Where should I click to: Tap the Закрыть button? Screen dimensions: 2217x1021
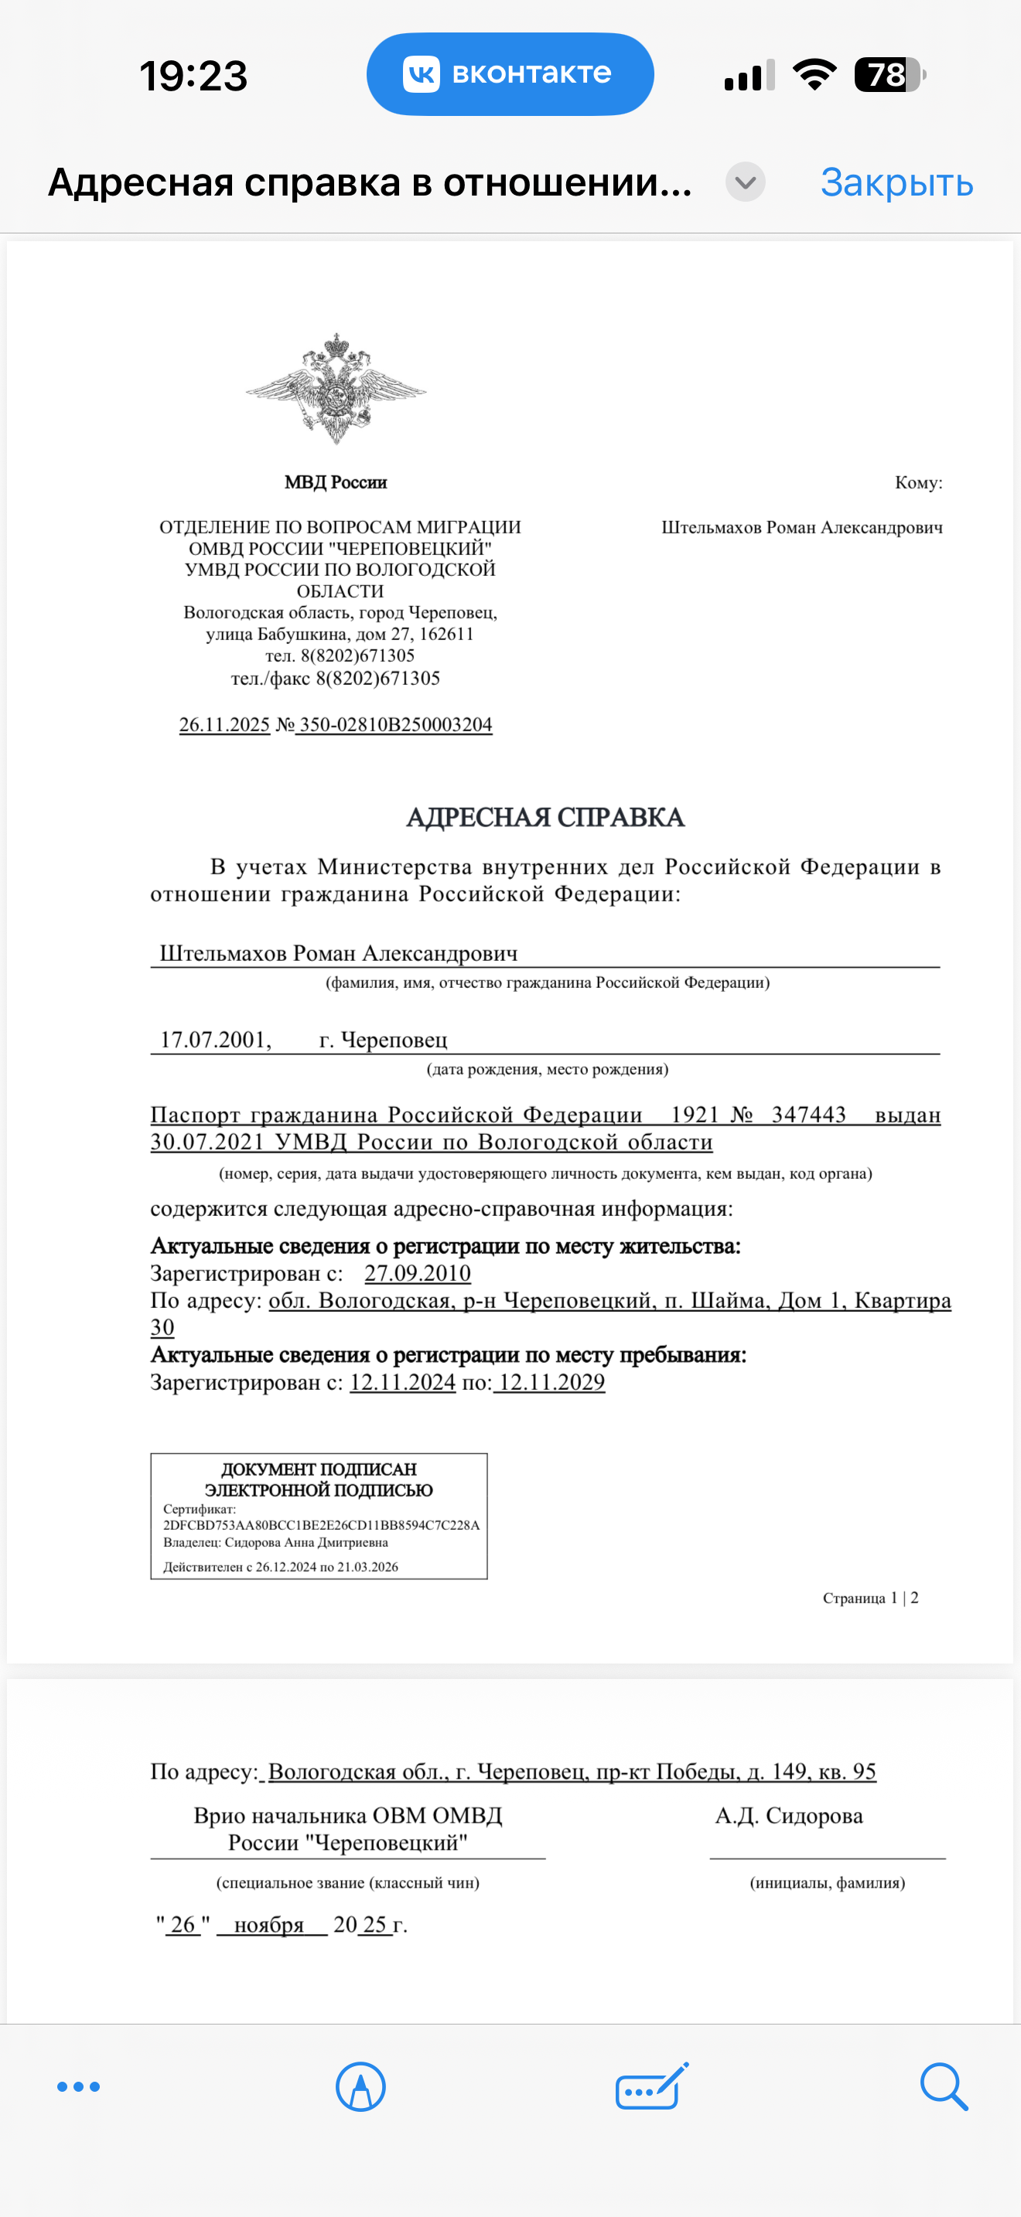click(896, 182)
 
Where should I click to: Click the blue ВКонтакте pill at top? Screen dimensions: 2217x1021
click(510, 74)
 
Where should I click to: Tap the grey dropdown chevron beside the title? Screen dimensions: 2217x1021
click(745, 182)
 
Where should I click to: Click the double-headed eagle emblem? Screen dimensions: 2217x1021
click(336, 388)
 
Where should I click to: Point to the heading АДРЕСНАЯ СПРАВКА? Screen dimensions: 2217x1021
click(545, 817)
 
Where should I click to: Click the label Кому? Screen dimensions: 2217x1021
click(917, 482)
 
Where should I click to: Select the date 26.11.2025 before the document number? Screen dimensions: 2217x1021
click(224, 724)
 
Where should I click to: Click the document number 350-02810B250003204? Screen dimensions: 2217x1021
click(395, 724)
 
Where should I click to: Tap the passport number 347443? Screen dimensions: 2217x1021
click(808, 1115)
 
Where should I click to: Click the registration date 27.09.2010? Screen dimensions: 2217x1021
click(418, 1273)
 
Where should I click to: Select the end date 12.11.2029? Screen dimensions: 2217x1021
click(551, 1382)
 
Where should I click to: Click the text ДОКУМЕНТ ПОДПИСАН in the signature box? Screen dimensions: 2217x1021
click(319, 1469)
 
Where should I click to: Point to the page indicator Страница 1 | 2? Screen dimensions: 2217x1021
click(869, 1598)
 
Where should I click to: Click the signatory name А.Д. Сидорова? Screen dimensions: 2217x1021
click(788, 1816)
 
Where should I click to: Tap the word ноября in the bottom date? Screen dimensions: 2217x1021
click(269, 1924)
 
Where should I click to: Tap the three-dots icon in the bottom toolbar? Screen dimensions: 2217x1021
click(78, 2086)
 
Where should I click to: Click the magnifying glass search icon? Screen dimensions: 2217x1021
click(944, 2086)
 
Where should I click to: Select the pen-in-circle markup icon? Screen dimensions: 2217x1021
click(360, 2086)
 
